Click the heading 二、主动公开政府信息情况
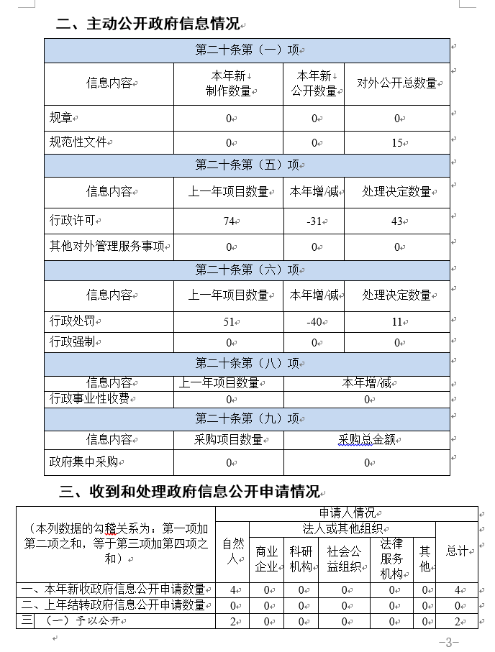pyautogui.click(x=147, y=24)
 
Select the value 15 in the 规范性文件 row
pyautogui.click(x=396, y=142)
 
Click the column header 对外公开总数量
pyautogui.click(x=396, y=83)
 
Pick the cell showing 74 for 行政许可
pyautogui.click(x=229, y=221)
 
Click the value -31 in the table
pyautogui.click(x=314, y=221)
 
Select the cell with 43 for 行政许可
pyautogui.click(x=396, y=221)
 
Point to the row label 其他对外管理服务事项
pyautogui.click(x=108, y=247)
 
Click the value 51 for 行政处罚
pyautogui.click(x=229, y=321)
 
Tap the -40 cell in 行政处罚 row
pyautogui.click(x=314, y=321)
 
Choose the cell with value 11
pyautogui.click(x=396, y=321)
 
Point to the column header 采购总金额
pyautogui.click(x=366, y=440)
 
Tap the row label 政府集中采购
pyautogui.click(x=82, y=462)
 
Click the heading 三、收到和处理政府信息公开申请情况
pyautogui.click(x=189, y=492)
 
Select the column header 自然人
pyautogui.click(x=232, y=550)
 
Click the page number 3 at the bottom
pyautogui.click(x=448, y=642)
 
